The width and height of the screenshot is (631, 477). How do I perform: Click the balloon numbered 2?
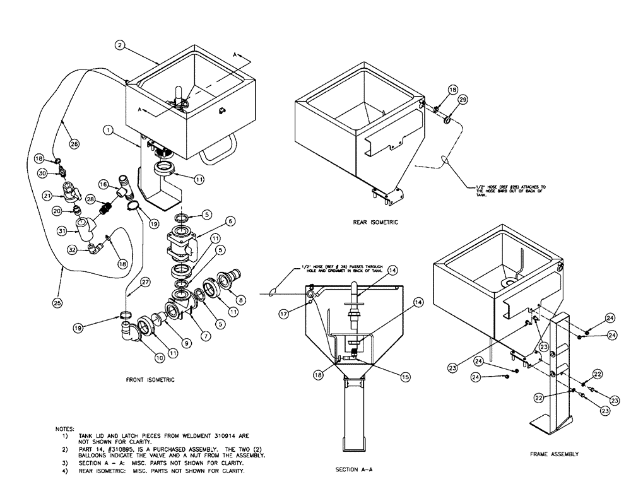coord(119,45)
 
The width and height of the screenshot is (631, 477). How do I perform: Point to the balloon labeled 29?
coord(463,100)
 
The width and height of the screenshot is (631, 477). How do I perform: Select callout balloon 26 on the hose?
coord(74,143)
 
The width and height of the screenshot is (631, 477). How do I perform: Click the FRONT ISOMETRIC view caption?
coord(150,380)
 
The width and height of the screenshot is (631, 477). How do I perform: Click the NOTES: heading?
coord(65,428)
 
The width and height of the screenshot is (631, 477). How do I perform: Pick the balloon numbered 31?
coord(62,231)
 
